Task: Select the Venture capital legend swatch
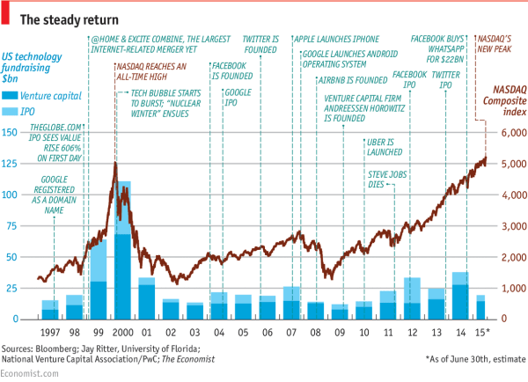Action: pos(13,94)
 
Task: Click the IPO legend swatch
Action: pos(13,112)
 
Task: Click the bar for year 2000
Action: pos(123,251)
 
